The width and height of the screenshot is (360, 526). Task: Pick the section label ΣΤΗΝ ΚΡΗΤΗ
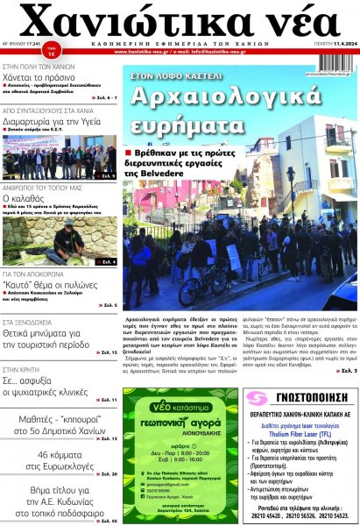[x=26, y=370]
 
